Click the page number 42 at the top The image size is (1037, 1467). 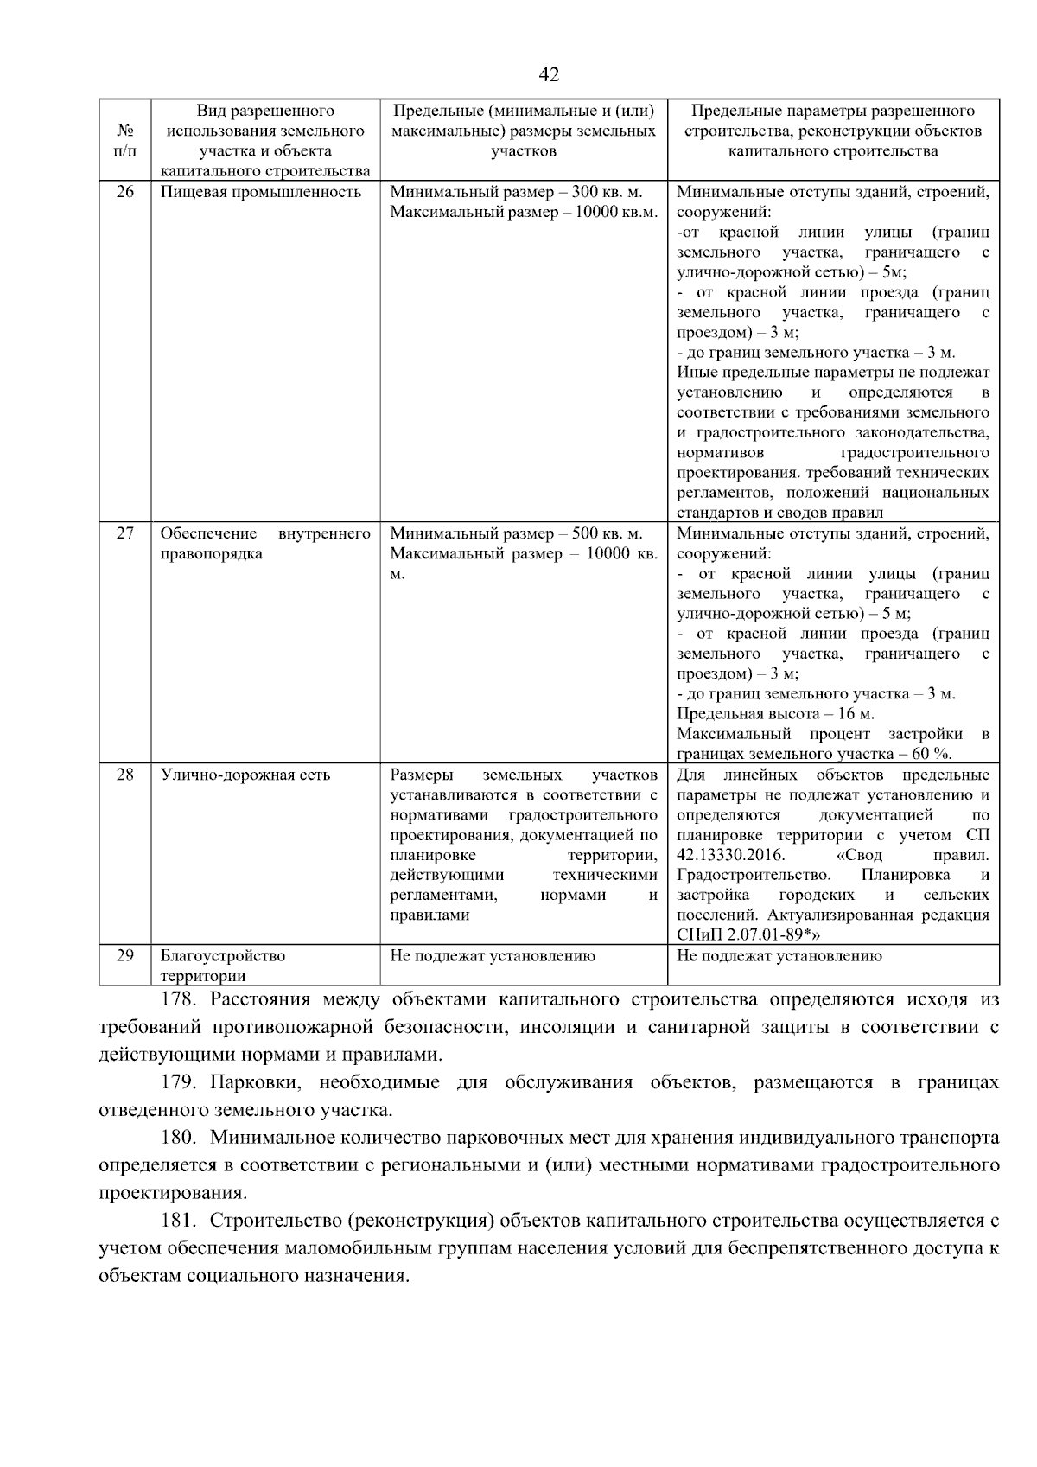tap(549, 75)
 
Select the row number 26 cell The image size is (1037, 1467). tap(125, 192)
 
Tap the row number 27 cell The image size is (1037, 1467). tap(125, 533)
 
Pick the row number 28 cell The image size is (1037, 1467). tap(125, 775)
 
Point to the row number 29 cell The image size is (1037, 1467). tap(125, 955)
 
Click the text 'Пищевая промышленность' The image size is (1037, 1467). tap(261, 192)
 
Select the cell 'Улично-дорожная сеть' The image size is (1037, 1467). tap(245, 775)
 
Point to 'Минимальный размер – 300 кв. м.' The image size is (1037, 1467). tap(517, 192)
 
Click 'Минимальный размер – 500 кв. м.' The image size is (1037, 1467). tap(517, 533)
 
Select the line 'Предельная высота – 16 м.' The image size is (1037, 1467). tap(775, 714)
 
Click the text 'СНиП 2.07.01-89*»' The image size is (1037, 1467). tap(748, 934)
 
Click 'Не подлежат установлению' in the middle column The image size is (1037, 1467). tap(493, 956)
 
